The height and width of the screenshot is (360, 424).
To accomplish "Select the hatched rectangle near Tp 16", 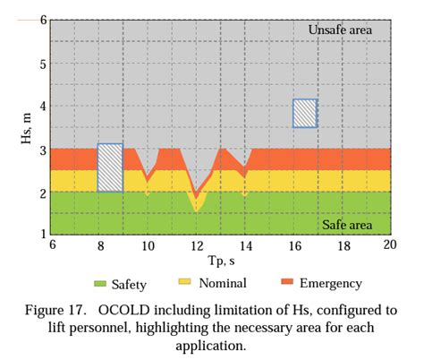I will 305,113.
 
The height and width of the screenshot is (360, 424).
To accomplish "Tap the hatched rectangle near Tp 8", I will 110,167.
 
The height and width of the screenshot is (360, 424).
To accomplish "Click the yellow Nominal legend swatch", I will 186,283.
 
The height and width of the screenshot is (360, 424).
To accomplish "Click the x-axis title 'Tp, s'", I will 219,260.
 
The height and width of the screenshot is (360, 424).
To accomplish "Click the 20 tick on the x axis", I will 389,244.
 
